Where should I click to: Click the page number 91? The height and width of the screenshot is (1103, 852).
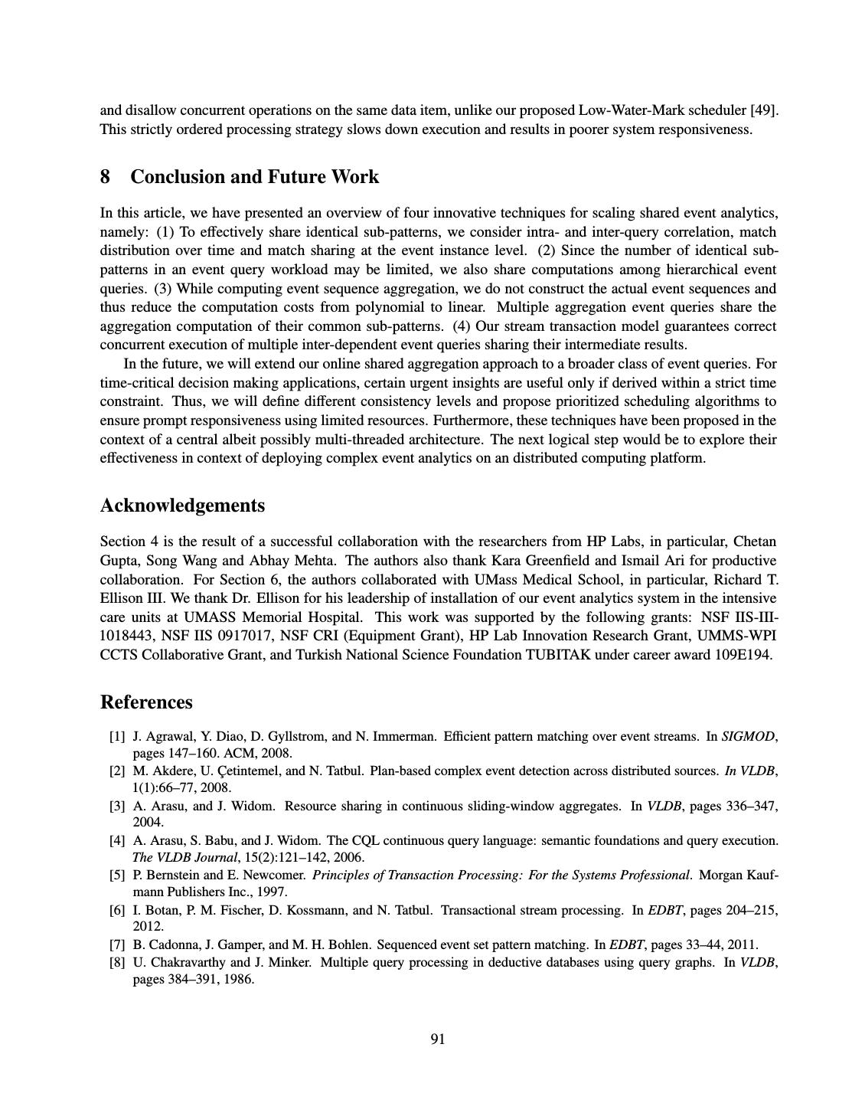438,1039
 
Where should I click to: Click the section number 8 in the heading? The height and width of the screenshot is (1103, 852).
105,177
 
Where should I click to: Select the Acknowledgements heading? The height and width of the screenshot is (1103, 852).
182,506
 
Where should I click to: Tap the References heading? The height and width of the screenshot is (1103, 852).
146,702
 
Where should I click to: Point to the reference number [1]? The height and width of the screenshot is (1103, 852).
117,737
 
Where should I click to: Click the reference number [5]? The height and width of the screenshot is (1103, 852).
117,875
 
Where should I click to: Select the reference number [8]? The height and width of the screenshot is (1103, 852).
117,962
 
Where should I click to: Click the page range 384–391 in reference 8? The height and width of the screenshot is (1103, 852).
190,979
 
